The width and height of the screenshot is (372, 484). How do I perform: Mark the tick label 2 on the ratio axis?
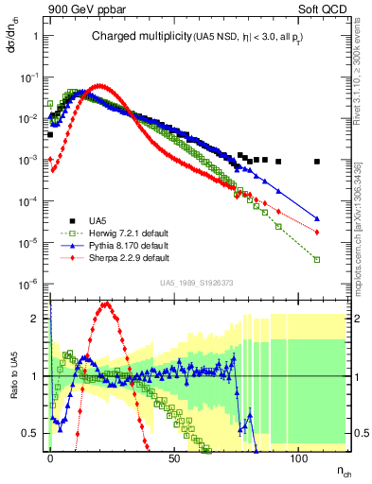coord(37,318)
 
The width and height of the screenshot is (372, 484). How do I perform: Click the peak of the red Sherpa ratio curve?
coord(106,304)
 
